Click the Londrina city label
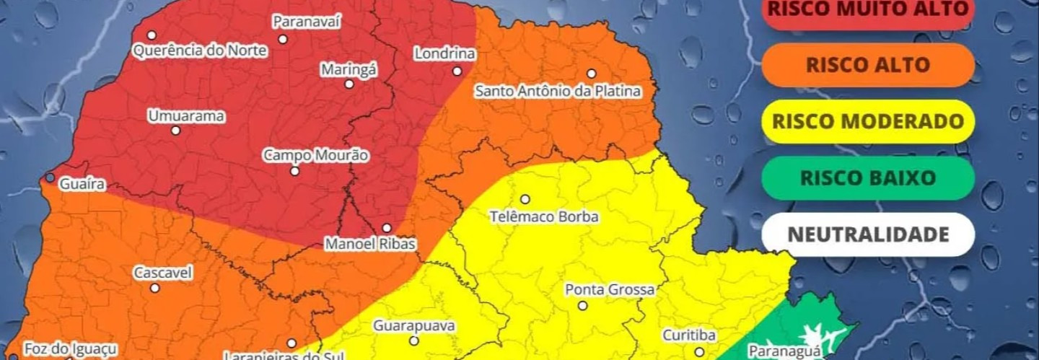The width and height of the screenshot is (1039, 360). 445,53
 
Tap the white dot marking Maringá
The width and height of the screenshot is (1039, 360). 349,84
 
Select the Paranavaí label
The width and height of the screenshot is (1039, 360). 307,22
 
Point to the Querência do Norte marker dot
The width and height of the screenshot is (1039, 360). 152,35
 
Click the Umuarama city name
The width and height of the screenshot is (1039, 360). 186,116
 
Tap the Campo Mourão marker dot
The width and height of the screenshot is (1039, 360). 294,171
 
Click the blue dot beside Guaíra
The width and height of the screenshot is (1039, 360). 50,177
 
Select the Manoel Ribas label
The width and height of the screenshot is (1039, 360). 370,244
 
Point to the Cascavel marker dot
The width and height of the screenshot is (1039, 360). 154,288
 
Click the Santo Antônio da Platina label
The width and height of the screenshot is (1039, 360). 558,92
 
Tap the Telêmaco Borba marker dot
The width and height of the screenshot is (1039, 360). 525,199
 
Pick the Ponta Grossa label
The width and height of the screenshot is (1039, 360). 610,289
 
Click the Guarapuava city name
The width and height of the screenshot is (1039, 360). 414,326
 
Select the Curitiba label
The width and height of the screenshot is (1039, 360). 689,335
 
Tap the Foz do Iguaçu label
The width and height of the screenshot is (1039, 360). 71,349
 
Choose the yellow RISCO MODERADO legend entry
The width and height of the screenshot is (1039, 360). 868,121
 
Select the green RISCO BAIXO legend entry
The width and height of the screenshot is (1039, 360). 868,177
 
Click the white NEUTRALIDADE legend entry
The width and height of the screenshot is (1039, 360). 868,234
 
